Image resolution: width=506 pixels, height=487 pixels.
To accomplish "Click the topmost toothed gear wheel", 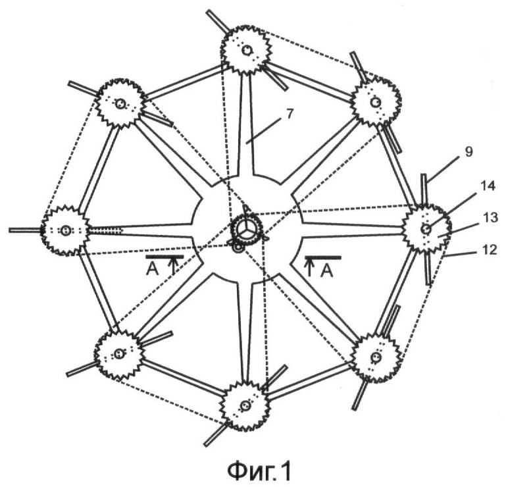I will (x=245, y=50).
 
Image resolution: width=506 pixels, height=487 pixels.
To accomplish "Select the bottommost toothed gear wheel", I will (x=245, y=406).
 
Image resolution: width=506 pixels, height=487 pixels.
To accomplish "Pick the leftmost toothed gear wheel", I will (x=65, y=230).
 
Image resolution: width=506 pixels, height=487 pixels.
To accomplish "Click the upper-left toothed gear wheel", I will (x=120, y=103).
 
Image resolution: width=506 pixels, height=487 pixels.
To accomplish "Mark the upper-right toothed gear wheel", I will (x=374, y=102).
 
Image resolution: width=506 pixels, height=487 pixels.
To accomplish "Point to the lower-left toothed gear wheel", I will (x=118, y=355).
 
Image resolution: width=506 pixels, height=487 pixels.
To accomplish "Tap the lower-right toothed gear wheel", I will (x=374, y=357).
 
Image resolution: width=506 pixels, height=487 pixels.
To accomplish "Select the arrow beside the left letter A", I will (x=173, y=265).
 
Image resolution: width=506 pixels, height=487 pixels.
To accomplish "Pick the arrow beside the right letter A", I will (x=309, y=266).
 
